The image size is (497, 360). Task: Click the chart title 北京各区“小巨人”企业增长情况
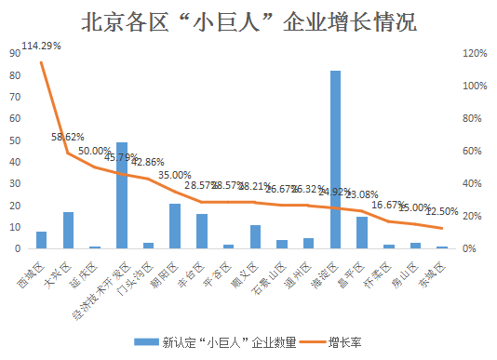(248, 21)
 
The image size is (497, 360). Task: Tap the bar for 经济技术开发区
(122, 195)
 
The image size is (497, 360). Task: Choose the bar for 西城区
(41, 240)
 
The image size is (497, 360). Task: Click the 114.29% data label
(41, 46)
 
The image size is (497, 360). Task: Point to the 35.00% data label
(175, 175)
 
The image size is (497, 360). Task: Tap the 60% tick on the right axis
(472, 151)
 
